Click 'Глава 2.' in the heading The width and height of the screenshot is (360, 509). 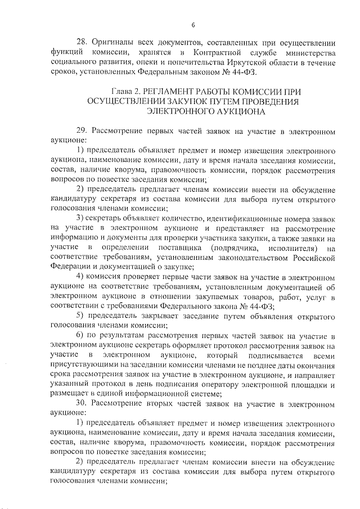[x=128, y=91]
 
